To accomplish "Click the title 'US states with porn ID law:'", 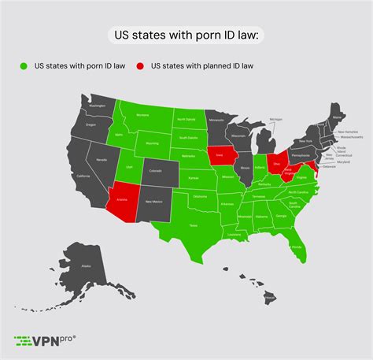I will click(186, 35).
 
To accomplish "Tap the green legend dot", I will click(24, 65).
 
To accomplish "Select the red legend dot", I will click(142, 65).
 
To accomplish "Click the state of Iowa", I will click(223, 155).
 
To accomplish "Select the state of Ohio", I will click(276, 161).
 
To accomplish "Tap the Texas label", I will click(191, 225).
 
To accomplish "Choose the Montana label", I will click(142, 116).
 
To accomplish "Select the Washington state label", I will click(97, 106).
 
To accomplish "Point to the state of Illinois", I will click(246, 167).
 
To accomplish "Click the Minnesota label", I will click(216, 120).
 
